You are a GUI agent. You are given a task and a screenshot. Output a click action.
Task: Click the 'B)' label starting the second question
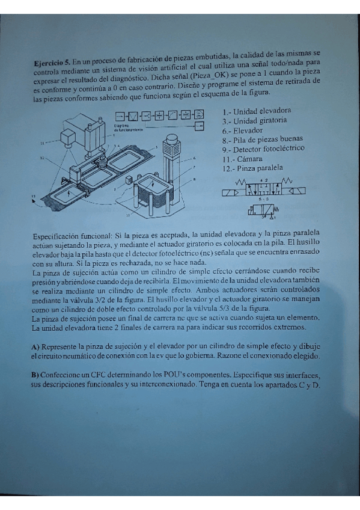coord(35,375)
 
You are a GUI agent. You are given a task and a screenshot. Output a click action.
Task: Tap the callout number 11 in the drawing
coord(43,144)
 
